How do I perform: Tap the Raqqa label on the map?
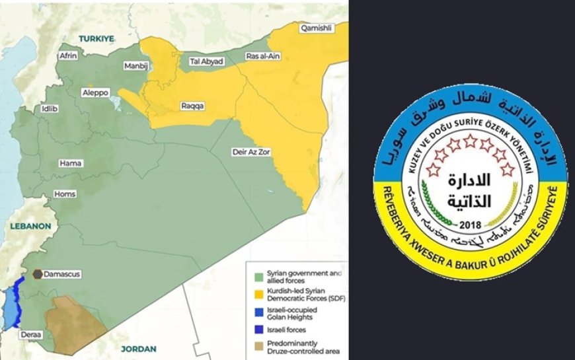(193, 106)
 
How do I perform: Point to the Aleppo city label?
(95, 93)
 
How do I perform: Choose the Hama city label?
(71, 162)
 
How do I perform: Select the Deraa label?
(31, 335)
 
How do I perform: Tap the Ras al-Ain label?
(262, 56)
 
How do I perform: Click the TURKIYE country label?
(98, 39)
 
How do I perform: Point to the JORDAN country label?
(139, 348)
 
